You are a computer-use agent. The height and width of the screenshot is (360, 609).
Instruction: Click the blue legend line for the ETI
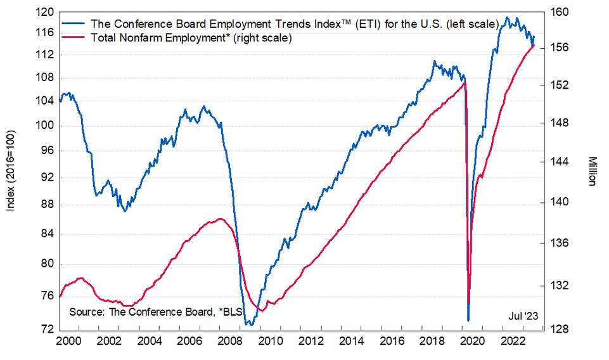tap(74, 23)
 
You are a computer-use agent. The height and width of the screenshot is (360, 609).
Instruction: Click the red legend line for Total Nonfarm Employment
tap(74, 38)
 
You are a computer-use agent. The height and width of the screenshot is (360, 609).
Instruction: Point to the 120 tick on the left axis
tap(45, 12)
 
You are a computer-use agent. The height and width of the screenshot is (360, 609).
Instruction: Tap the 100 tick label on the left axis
tap(45, 126)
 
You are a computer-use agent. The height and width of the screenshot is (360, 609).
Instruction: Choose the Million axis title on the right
tap(591, 170)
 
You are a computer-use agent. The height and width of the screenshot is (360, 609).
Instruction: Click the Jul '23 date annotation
tap(522, 315)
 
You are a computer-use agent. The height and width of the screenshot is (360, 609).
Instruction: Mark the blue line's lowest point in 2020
tap(468, 320)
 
